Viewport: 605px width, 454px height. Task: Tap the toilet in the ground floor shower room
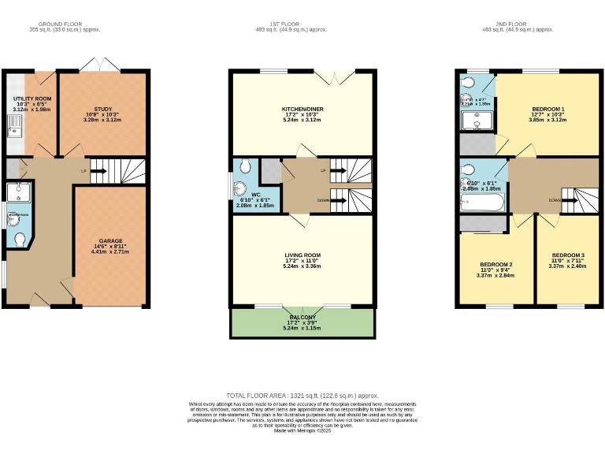coord(18,239)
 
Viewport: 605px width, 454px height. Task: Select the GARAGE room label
coord(110,241)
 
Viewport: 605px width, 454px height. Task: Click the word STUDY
coord(103,110)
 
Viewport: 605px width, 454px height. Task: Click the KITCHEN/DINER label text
coord(302,110)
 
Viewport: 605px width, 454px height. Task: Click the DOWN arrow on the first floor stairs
coord(334,200)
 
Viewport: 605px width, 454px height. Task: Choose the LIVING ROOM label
coord(302,255)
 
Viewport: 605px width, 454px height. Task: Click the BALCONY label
coord(302,317)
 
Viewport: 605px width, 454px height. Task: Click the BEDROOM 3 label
coord(567,255)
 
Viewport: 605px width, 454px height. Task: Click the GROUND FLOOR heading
coord(56,24)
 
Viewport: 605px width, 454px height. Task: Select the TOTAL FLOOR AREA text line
coord(302,395)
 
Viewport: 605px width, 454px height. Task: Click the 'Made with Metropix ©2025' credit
coord(302,431)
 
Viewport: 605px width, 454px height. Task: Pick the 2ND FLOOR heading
coord(518,24)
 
